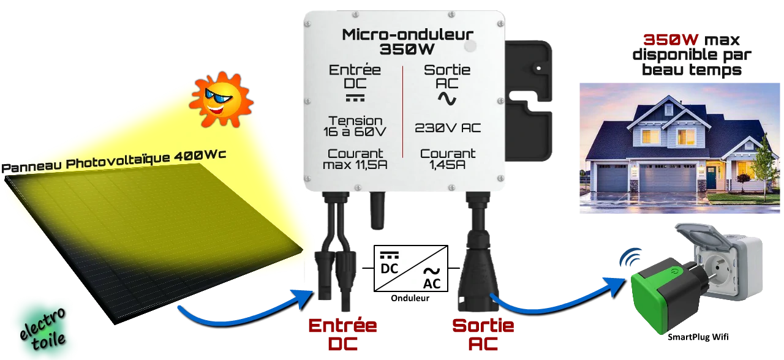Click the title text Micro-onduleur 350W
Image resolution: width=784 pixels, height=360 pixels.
click(407, 40)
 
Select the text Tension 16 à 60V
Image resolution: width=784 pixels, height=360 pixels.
click(355, 126)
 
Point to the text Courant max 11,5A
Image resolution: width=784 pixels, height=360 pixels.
click(355, 159)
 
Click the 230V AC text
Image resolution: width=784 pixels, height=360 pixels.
click(448, 128)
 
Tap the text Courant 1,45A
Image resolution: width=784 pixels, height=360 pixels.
click(448, 159)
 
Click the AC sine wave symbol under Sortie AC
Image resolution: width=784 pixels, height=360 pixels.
click(447, 98)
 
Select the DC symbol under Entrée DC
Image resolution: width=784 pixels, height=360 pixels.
click(355, 97)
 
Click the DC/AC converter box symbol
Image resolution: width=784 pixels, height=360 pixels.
click(411, 268)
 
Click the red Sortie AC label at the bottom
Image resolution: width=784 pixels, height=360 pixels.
click(483, 334)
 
